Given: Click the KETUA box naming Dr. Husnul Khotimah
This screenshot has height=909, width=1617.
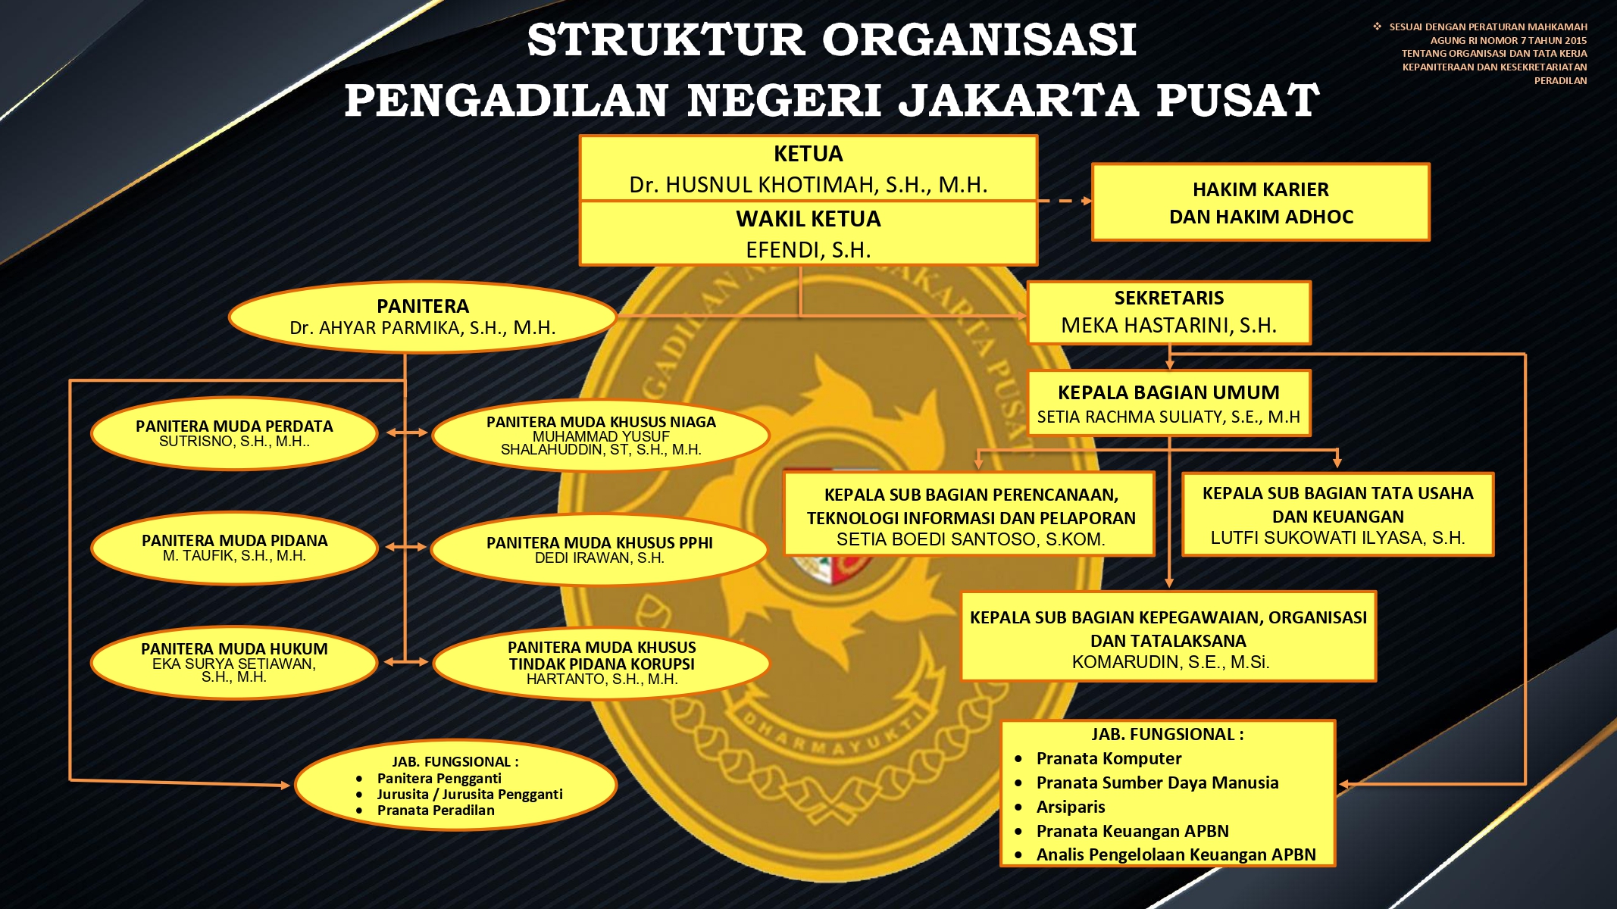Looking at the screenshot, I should [808, 168].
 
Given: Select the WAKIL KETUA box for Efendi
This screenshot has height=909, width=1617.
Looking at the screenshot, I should [808, 233].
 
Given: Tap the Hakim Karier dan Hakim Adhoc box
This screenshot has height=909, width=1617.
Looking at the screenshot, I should [1260, 202].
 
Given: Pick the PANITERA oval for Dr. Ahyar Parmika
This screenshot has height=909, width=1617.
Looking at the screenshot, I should [423, 317].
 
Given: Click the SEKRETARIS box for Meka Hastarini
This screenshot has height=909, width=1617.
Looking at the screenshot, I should [1168, 312].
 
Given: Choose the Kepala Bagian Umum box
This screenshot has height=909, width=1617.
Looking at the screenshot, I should [1168, 403].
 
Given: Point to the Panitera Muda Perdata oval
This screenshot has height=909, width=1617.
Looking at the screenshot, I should [234, 433].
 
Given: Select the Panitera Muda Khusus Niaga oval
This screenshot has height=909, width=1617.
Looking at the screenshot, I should [601, 435].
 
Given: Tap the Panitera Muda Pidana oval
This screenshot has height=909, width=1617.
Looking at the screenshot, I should [234, 548].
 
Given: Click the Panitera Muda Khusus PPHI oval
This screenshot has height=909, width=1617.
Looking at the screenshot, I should [599, 550].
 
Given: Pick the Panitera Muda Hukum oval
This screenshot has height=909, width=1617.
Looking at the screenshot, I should [234, 662].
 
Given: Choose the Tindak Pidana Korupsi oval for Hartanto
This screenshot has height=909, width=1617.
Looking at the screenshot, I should [602, 663].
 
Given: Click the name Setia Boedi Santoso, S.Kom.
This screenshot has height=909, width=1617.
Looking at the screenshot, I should [971, 539].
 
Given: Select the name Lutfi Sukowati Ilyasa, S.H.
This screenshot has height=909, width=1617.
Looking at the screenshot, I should [1337, 538].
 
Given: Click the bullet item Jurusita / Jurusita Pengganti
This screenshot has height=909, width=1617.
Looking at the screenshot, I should [469, 794].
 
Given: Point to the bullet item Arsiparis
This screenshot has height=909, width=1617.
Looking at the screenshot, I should [1070, 807].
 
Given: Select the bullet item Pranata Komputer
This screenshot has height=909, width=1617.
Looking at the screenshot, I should [1109, 758].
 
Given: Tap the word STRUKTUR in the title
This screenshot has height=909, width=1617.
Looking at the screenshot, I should [665, 39].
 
